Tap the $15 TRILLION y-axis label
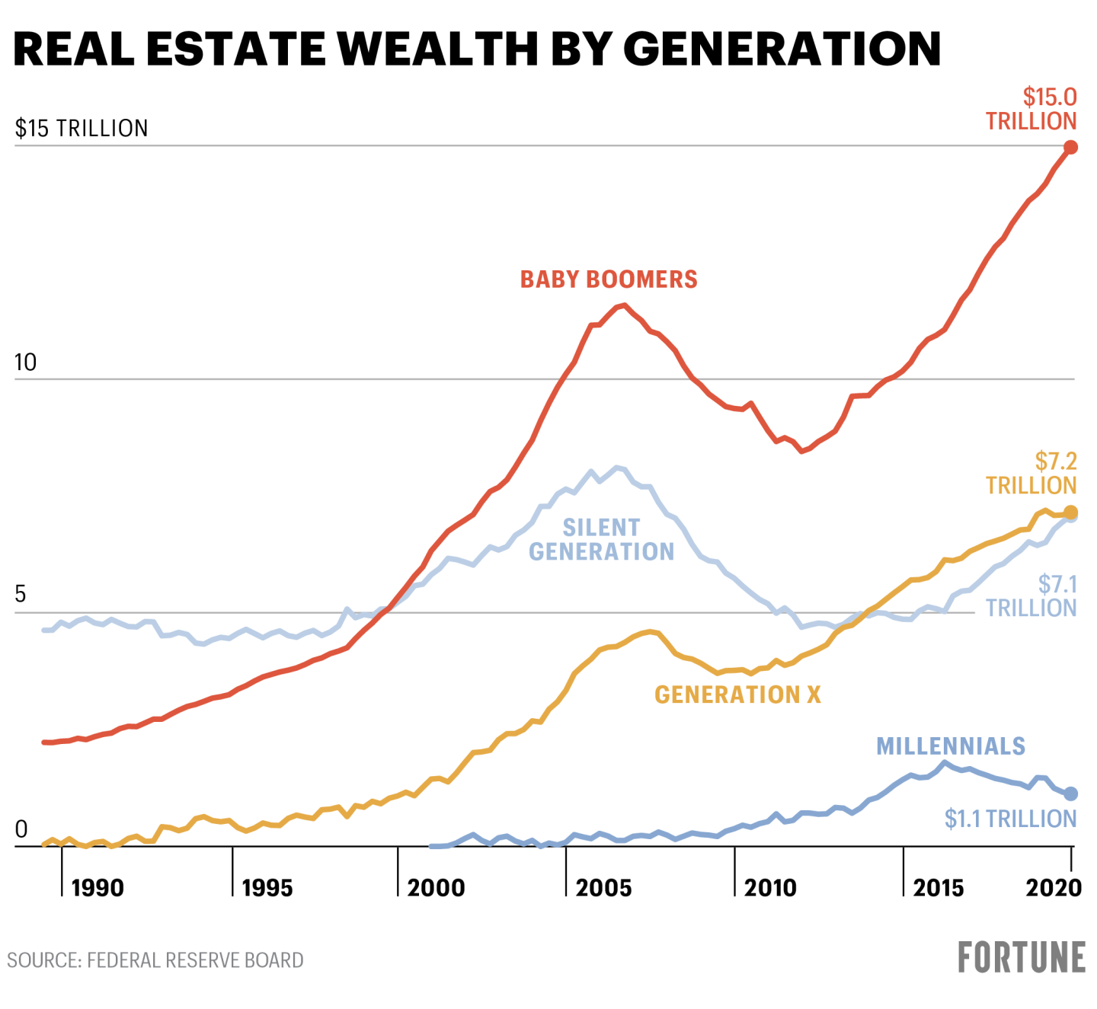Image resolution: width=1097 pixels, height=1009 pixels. point(82,128)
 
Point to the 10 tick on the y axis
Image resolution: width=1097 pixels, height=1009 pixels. point(25,362)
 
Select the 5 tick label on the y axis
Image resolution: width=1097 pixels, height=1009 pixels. point(21,595)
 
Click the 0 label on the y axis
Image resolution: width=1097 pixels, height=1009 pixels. point(21,829)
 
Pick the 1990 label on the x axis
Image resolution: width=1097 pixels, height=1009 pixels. point(98,888)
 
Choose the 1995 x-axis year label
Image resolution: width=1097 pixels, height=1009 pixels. point(267,888)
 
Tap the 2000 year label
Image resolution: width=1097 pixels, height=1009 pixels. point(436,888)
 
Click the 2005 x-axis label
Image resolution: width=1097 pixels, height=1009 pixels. point(603,888)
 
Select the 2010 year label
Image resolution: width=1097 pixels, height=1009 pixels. point(770,888)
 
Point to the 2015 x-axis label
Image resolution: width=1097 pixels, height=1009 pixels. point(939,888)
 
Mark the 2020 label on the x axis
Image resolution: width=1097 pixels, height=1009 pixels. point(1054,888)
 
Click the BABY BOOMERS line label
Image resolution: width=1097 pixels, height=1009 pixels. point(609,279)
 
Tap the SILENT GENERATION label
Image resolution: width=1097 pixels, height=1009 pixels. point(602,539)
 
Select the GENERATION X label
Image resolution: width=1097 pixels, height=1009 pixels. point(737,694)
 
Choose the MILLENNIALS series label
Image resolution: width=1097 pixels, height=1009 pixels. point(951,746)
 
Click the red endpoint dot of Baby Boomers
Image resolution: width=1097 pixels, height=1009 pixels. point(1070,147)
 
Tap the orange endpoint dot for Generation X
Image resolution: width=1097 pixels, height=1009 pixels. point(1070,512)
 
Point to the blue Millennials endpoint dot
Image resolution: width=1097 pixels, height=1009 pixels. point(1070,793)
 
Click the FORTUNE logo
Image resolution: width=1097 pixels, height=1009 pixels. point(1022,958)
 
